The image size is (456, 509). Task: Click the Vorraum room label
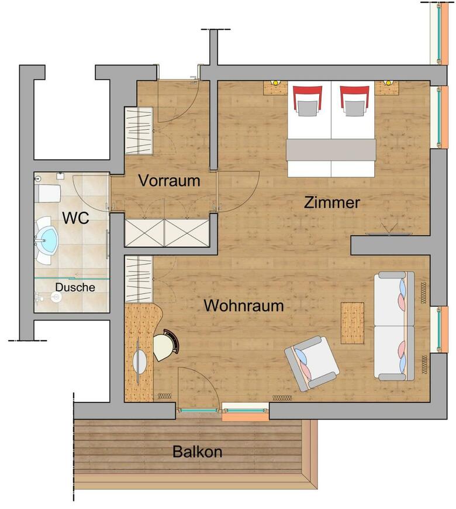pyautogui.click(x=169, y=180)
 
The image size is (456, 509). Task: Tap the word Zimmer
pyautogui.click(x=332, y=202)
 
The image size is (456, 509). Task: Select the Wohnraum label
pyautogui.click(x=244, y=305)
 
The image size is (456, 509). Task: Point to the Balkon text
pyautogui.click(x=197, y=452)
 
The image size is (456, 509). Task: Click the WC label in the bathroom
pyautogui.click(x=75, y=218)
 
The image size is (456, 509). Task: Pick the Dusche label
pyautogui.click(x=75, y=287)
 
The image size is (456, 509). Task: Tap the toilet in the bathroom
pyautogui.click(x=48, y=194)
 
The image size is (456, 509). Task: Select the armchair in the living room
pyautogui.click(x=312, y=363)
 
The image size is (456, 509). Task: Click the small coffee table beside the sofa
pyautogui.click(x=352, y=323)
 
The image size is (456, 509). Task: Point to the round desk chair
pyautogui.click(x=167, y=345)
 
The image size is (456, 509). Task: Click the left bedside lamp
pyautogui.click(x=275, y=82)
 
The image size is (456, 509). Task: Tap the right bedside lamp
pyautogui.click(x=387, y=82)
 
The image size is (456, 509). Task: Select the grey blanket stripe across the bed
pyautogui.click(x=331, y=150)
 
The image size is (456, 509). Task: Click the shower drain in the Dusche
pyautogui.click(x=57, y=297)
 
